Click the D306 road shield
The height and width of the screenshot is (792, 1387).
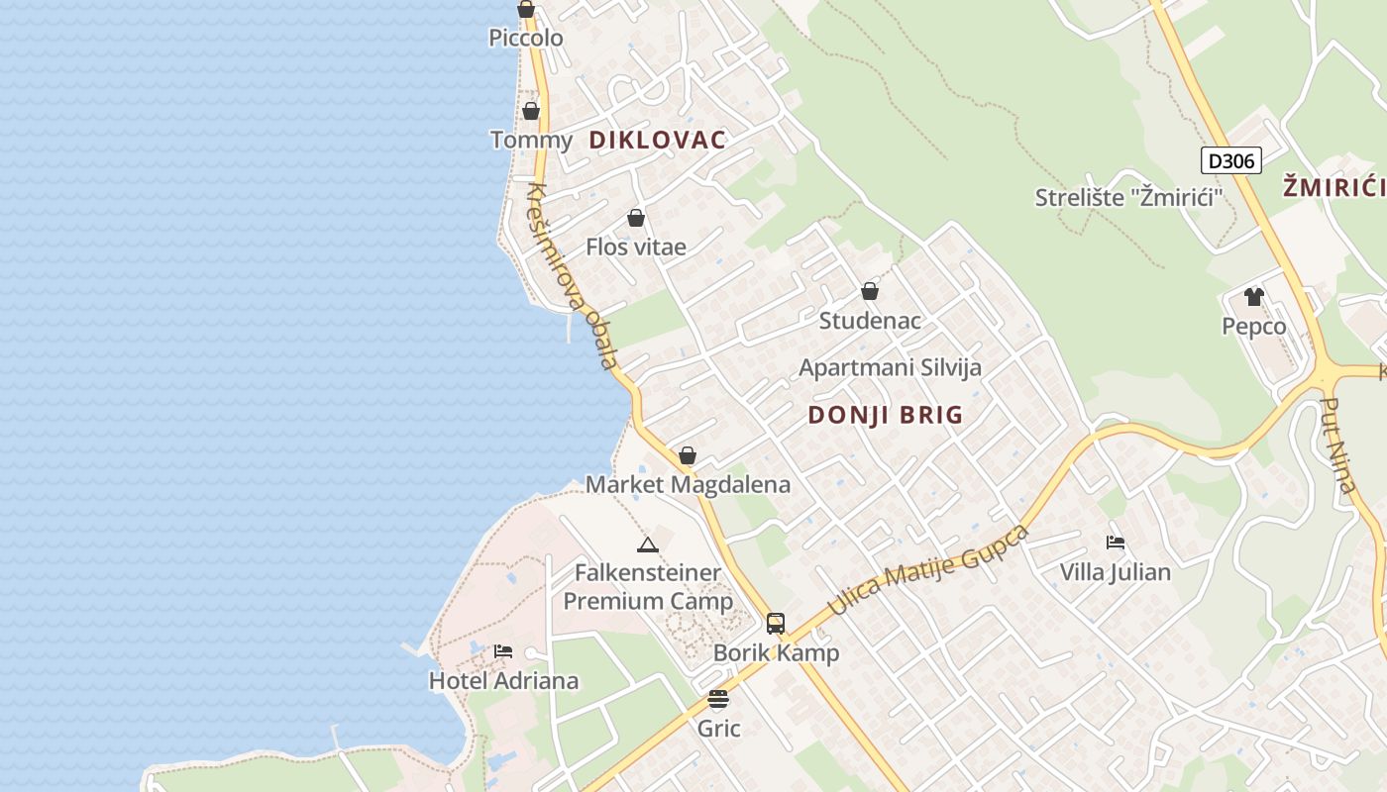pyautogui.click(x=1231, y=160)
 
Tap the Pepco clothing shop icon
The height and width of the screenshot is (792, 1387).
pyautogui.click(x=1254, y=296)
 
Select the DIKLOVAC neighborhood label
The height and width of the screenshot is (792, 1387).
pyautogui.click(x=657, y=140)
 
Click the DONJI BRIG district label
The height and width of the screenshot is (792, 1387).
pyautogui.click(x=885, y=415)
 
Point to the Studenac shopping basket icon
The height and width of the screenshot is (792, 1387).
pyautogui.click(x=869, y=291)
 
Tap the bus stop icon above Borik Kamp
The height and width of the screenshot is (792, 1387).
pyautogui.click(x=776, y=624)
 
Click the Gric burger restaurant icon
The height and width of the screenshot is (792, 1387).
pyautogui.click(x=718, y=700)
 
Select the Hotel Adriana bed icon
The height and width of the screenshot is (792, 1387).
pyautogui.click(x=503, y=651)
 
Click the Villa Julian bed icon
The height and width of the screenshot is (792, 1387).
pyautogui.click(x=1116, y=543)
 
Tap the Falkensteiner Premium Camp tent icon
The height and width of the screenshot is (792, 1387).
pyautogui.click(x=647, y=544)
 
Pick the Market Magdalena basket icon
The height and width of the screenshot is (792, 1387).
pyautogui.click(x=687, y=455)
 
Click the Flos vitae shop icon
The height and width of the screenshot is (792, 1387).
pyautogui.click(x=636, y=218)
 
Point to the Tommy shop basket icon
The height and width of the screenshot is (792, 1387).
pyautogui.click(x=531, y=111)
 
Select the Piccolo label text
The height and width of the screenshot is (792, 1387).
pyautogui.click(x=526, y=38)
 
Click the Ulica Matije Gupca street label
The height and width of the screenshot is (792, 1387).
pyautogui.click(x=927, y=570)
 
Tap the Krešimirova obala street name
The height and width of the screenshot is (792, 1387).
pyautogui.click(x=573, y=276)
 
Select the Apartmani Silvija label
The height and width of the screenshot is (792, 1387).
pyautogui.click(x=890, y=367)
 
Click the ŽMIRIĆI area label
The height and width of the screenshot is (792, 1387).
pyautogui.click(x=1333, y=185)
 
